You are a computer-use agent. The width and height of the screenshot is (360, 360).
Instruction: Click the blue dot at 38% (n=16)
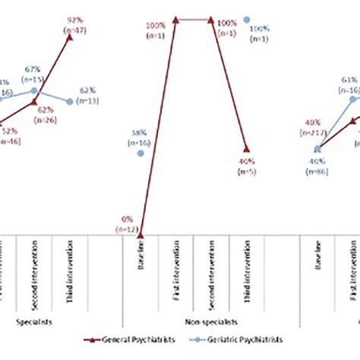[x=141, y=153]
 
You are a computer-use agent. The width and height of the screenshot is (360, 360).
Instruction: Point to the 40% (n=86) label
[x=317, y=165]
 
